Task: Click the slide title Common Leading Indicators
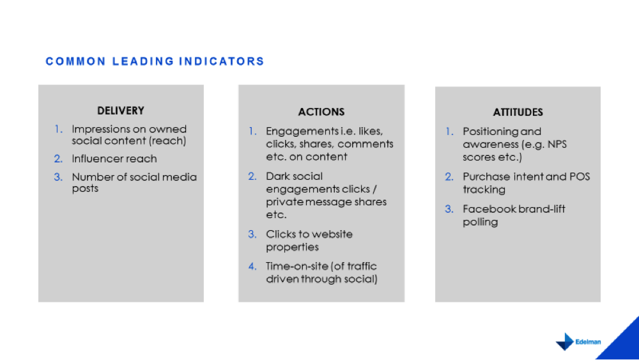click(x=155, y=61)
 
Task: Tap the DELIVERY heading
click(x=121, y=111)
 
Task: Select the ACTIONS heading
click(x=321, y=112)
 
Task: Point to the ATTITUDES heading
click(x=518, y=112)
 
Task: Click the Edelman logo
click(x=578, y=341)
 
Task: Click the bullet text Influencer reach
click(x=114, y=159)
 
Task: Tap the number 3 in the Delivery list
click(x=58, y=177)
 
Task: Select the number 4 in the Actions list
click(x=252, y=266)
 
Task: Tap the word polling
click(x=480, y=222)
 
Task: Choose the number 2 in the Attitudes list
click(x=449, y=176)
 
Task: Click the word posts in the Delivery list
click(x=85, y=189)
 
